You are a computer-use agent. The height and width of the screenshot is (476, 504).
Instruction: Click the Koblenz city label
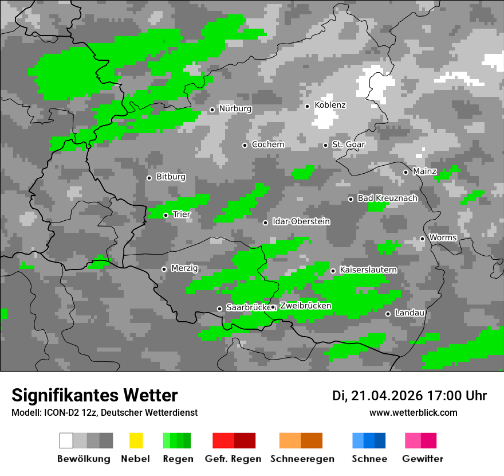(x=330, y=106)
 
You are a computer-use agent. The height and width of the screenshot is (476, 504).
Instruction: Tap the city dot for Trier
(x=166, y=216)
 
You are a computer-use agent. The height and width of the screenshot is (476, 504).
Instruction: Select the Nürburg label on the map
(x=235, y=109)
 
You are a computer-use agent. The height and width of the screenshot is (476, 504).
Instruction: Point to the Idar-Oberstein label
(x=301, y=222)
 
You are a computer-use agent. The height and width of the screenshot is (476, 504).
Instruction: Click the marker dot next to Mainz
(x=405, y=172)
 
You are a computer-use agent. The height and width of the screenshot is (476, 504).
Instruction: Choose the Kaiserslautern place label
(x=368, y=270)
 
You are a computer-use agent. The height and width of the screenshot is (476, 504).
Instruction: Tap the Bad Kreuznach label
(x=387, y=198)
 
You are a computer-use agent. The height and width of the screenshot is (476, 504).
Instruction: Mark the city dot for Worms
(x=422, y=239)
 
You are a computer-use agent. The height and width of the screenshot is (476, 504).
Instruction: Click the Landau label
(x=409, y=313)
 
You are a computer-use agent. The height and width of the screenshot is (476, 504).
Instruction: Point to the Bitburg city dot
(x=149, y=178)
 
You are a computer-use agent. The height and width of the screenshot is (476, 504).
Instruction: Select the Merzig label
(x=184, y=268)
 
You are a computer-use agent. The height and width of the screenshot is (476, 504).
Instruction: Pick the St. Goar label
(x=348, y=145)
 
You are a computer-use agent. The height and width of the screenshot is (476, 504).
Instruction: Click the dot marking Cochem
(x=245, y=145)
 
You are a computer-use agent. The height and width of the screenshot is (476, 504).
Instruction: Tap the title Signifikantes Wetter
(x=94, y=396)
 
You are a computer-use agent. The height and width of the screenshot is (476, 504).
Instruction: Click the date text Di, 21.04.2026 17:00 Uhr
(x=409, y=396)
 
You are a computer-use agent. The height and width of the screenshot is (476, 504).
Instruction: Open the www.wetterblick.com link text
(x=414, y=413)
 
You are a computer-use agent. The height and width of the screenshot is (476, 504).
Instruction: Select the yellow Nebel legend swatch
(x=136, y=440)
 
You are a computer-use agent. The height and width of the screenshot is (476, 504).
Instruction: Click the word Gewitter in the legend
(x=423, y=459)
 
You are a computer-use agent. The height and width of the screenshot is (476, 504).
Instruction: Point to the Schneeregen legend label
(x=302, y=459)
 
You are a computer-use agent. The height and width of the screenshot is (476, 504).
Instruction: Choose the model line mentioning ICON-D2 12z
(x=104, y=413)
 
